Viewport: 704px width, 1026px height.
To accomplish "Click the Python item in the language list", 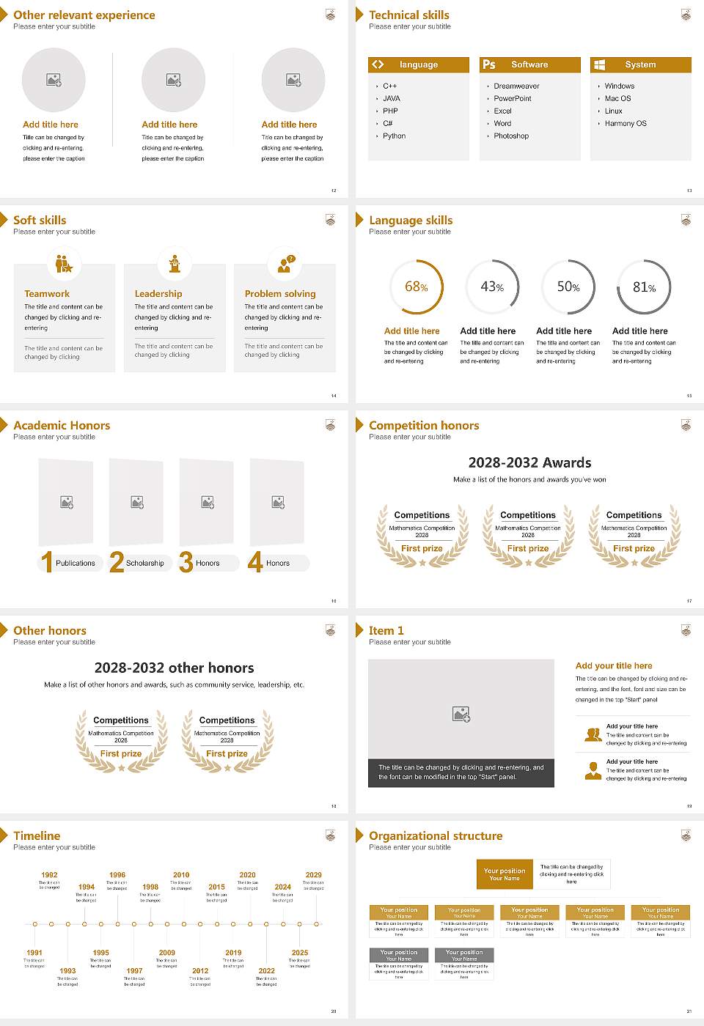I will coord(394,136).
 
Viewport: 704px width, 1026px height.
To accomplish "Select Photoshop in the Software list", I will coord(511,136).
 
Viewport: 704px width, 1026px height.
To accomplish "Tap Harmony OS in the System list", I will coord(626,124).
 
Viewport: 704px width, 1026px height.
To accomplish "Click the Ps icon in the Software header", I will coord(489,64).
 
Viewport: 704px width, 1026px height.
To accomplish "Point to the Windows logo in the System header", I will coord(599,64).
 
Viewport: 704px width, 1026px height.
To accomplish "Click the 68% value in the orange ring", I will coord(417,287).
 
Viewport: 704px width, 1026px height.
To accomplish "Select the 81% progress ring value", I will coord(644,287).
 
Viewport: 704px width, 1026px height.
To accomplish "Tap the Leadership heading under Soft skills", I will coord(158,294).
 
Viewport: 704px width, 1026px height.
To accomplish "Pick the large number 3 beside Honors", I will coord(186,562).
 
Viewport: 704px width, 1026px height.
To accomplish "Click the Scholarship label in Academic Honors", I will coord(144,564).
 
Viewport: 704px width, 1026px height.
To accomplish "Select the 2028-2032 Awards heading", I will coord(529,463).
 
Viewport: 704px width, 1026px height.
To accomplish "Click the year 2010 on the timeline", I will coord(181,875).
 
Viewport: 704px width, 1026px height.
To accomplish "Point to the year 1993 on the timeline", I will coord(67,971).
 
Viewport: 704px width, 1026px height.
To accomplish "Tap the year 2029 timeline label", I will coord(313,875).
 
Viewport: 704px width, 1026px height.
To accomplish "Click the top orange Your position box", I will coord(505,874).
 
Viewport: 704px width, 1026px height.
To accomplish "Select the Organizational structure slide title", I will coord(436,836).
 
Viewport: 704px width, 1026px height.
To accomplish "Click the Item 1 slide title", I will coord(386,631).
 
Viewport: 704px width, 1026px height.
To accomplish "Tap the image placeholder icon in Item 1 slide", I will coord(461,714).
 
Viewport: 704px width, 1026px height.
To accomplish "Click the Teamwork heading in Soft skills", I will coord(47,294).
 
